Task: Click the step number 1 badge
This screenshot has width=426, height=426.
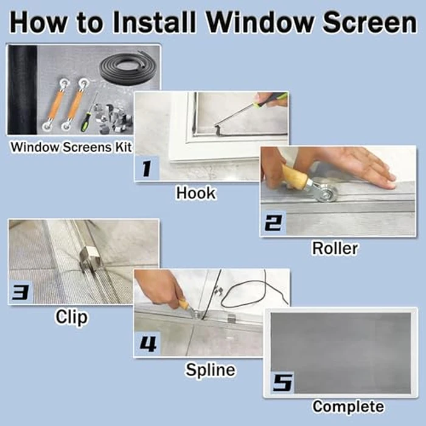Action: (147, 169)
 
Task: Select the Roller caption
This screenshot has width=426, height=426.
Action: (335, 248)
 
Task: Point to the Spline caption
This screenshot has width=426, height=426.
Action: (211, 369)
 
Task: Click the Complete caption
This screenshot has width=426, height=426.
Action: (348, 407)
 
